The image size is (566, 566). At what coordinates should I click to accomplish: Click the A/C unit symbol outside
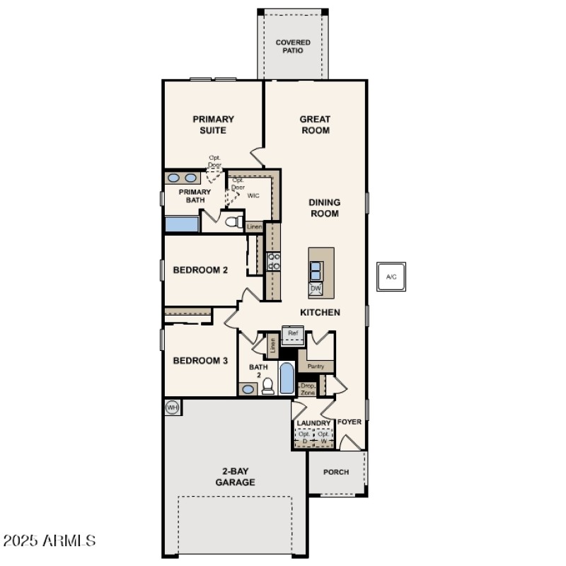tap(391, 277)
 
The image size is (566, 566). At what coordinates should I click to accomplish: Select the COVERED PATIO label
tap(293, 47)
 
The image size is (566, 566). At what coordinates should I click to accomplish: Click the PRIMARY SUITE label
tap(213, 125)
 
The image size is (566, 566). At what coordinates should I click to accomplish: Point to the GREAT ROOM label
tap(315, 125)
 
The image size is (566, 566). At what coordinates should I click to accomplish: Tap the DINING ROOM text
tap(324, 208)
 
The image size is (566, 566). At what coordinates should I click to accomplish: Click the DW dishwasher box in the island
tap(316, 289)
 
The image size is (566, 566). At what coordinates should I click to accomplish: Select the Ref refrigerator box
tap(293, 333)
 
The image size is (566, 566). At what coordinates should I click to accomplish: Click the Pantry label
tap(316, 366)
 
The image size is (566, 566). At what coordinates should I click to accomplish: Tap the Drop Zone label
tap(308, 388)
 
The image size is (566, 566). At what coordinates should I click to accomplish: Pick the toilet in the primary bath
tap(233, 222)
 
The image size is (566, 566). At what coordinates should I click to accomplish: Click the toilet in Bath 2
tap(268, 386)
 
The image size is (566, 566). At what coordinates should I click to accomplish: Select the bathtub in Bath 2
tap(287, 379)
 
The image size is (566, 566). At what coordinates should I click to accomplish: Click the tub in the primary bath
tap(182, 224)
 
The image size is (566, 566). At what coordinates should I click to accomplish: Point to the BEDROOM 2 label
tap(200, 270)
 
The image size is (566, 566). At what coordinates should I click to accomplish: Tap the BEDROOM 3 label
tap(200, 360)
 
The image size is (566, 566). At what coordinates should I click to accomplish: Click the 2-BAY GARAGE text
tap(236, 477)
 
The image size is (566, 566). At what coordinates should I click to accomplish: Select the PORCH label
tap(336, 472)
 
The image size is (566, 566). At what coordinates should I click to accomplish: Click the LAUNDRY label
tap(313, 423)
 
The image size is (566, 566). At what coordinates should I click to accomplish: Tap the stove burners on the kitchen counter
tap(273, 261)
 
